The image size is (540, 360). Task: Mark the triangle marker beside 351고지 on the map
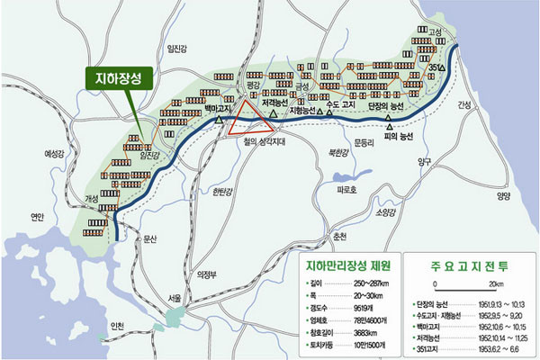coord(441,69)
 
